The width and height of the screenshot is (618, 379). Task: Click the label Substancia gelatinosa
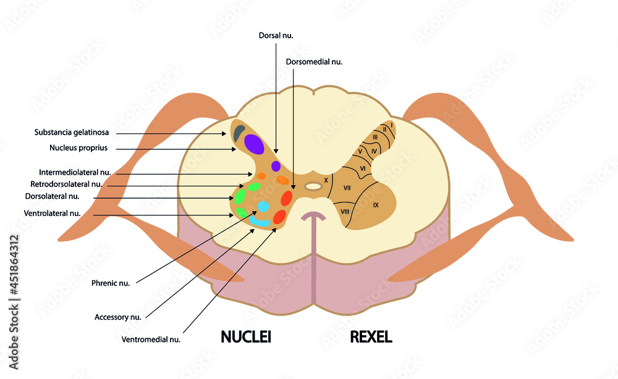[72, 132]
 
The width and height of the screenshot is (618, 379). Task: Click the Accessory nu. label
[118, 317]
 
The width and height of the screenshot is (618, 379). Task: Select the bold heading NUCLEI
[246, 337]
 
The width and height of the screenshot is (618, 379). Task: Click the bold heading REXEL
[371, 337]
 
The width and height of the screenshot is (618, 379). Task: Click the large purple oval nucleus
[254, 144]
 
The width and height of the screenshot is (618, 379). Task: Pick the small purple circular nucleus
[276, 166]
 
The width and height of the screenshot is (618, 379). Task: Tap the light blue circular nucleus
[264, 206]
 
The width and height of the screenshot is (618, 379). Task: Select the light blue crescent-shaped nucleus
[260, 220]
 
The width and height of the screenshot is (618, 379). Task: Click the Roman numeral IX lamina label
[376, 205]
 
